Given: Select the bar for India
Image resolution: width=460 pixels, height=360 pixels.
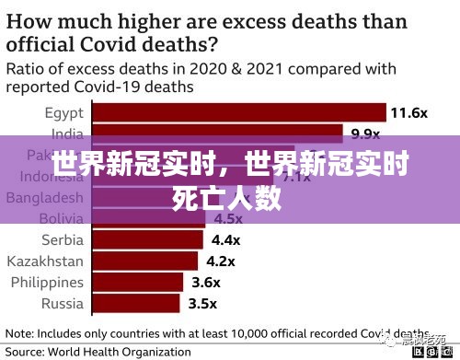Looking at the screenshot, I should [217, 134].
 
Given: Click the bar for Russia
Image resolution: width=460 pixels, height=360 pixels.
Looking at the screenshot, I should [135, 303].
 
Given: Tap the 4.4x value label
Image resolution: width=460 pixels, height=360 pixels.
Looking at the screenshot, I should [225, 239].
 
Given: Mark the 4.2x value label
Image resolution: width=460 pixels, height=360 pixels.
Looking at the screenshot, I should [221, 261].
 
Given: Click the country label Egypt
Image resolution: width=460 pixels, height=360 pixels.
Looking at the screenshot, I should [63, 113].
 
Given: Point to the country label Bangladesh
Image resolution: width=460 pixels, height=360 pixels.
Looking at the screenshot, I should [43, 198].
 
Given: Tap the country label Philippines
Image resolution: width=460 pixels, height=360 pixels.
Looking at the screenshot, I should [45, 282].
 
